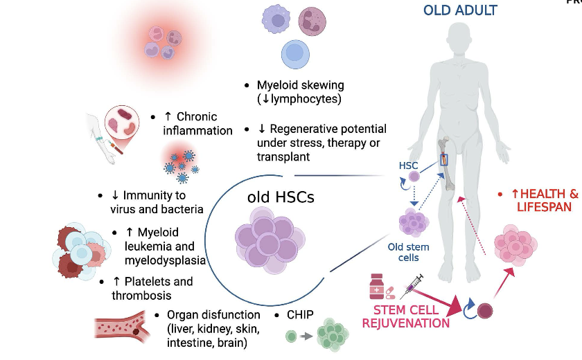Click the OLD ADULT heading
(460, 10)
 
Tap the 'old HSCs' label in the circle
(281, 197)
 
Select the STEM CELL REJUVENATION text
(406, 316)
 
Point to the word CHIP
(299, 315)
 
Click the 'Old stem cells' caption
(408, 252)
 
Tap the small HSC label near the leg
(409, 165)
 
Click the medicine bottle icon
(377, 286)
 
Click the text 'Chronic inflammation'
(197, 123)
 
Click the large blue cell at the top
(295, 54)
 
